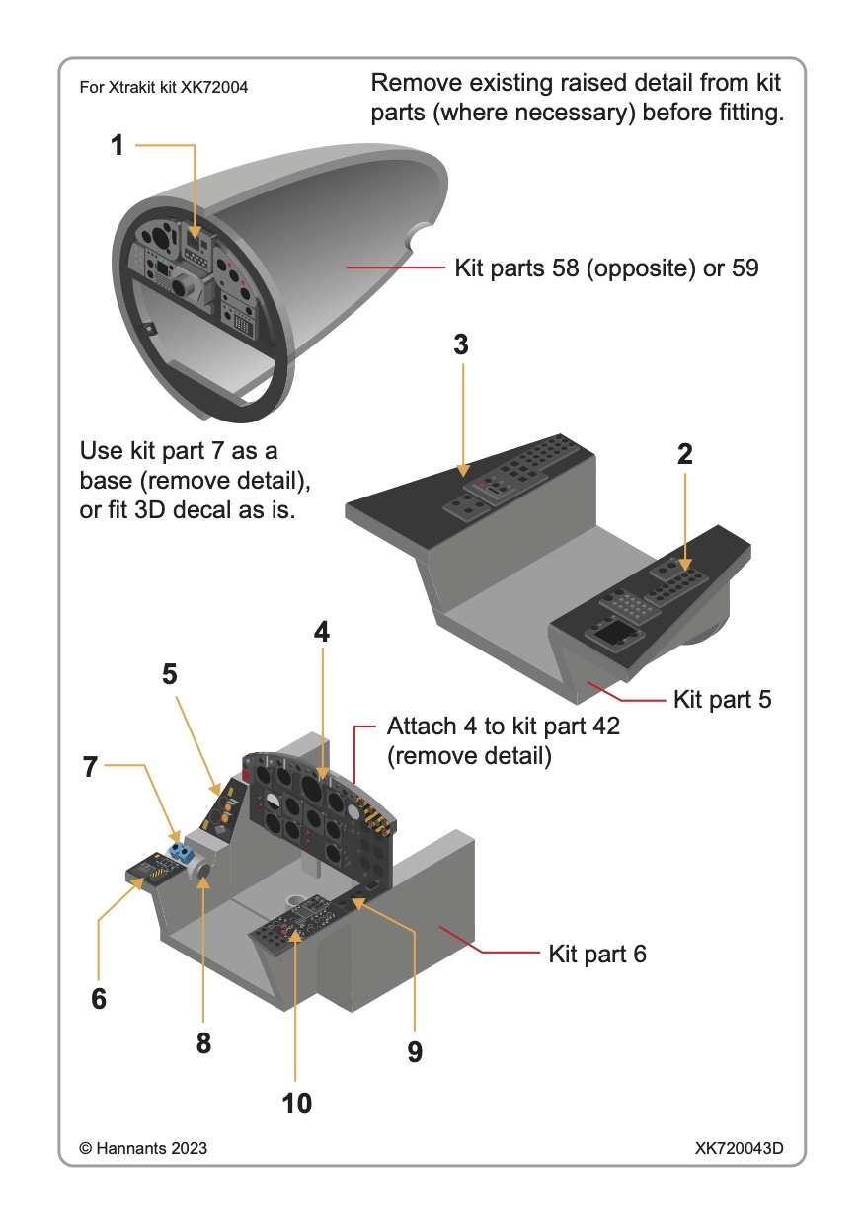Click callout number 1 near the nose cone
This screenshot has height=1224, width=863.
point(118,146)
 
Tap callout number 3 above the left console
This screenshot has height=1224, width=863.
point(460,344)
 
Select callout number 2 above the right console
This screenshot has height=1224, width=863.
point(684,454)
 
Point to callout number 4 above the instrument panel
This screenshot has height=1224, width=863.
point(321,632)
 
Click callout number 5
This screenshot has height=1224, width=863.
point(170,674)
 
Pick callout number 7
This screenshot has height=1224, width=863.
point(91,766)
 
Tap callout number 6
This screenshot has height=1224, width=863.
point(98,998)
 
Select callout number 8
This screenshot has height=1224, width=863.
point(203,1042)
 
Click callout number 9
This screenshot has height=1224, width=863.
point(415,1052)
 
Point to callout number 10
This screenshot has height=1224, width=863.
point(296,1103)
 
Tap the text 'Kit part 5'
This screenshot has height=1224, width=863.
point(722,700)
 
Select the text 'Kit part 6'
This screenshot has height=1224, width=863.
point(596,955)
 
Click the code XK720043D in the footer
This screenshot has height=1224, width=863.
point(739,1149)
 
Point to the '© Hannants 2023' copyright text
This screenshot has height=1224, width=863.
point(143,1149)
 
